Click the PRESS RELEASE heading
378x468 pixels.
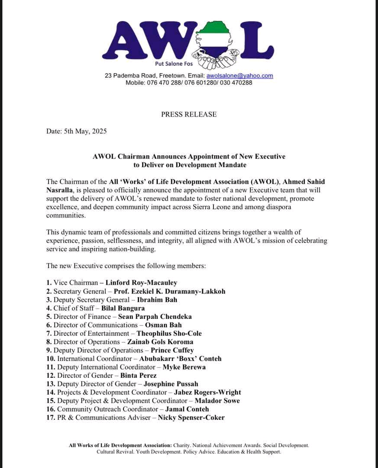[189, 114]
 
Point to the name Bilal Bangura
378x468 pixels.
[123, 308]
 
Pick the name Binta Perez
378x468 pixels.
[139, 376]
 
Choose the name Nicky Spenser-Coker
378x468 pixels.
[191, 418]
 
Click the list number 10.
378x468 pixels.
[52, 359]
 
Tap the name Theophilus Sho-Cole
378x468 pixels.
[169, 334]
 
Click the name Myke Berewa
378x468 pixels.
[184, 367]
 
